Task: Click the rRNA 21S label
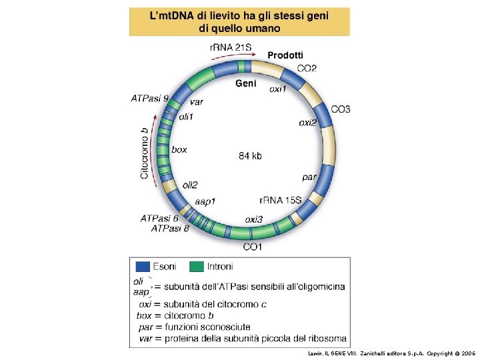coord(231,47)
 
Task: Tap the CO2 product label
coord(307,68)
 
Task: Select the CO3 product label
coord(340,109)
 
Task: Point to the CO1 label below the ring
coord(253,247)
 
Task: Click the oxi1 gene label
coord(278,89)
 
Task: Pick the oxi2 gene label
coord(307,123)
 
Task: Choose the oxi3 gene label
coord(253,219)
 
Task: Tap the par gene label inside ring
coord(309,177)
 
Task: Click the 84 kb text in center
coord(250,156)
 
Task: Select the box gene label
coord(179,150)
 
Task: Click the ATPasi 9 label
coord(149,99)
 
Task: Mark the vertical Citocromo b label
coord(144,153)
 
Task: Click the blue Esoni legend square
coord(143,267)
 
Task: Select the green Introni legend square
coord(197,267)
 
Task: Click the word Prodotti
coord(285,55)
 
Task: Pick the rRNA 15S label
coord(280,200)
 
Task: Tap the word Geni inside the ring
coord(246,83)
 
